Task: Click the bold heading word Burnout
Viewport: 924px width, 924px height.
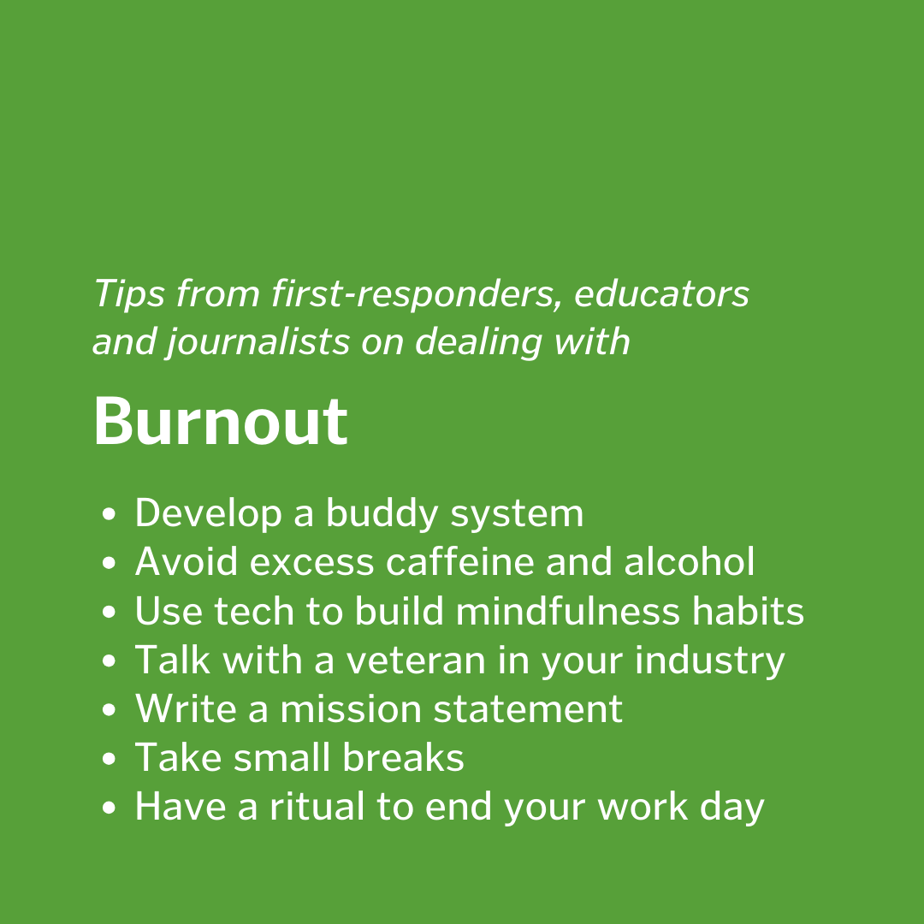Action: (x=221, y=422)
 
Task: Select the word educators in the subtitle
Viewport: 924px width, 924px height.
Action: (x=661, y=293)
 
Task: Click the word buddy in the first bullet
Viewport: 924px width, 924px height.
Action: (x=382, y=512)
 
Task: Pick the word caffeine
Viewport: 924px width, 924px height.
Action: (x=459, y=561)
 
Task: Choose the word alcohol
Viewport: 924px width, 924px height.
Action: (x=689, y=561)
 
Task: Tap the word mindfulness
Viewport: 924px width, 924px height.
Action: (x=567, y=611)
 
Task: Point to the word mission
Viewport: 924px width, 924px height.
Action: (x=350, y=708)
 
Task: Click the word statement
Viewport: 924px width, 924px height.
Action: (x=528, y=709)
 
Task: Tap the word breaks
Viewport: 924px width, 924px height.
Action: (x=403, y=757)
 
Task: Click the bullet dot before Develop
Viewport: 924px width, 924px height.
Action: (x=109, y=514)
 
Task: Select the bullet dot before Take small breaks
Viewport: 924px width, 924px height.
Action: (x=109, y=758)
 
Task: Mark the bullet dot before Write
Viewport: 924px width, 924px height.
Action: (x=109, y=709)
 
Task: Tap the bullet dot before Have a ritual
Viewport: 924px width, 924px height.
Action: (x=109, y=808)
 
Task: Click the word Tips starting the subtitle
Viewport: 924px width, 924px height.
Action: (x=129, y=293)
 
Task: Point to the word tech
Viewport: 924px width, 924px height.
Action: (x=254, y=611)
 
